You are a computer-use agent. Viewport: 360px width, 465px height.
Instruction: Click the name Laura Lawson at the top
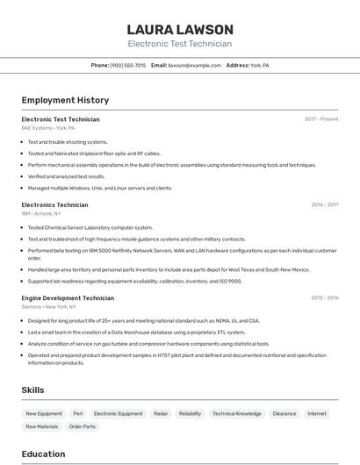click(x=180, y=29)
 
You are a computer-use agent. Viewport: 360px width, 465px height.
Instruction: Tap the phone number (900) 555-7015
click(x=128, y=65)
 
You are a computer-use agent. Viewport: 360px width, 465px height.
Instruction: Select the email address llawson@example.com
click(x=194, y=65)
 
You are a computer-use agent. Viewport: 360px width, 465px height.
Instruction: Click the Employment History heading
click(x=65, y=100)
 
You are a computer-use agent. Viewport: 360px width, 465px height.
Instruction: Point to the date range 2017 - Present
click(x=321, y=118)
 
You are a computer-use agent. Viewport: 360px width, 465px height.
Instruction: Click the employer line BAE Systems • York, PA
click(x=48, y=128)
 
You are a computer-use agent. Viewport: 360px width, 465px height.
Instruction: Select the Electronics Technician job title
click(x=54, y=204)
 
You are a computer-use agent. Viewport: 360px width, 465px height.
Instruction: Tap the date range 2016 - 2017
click(x=324, y=204)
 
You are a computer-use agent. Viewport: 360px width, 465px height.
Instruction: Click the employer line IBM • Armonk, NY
click(x=41, y=213)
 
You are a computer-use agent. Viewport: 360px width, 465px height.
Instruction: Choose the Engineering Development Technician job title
click(x=68, y=297)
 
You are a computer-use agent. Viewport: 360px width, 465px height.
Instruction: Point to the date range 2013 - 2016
click(x=324, y=297)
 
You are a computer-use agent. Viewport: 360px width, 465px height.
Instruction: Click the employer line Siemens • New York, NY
click(x=49, y=307)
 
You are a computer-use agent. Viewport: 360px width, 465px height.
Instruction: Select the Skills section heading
click(x=33, y=389)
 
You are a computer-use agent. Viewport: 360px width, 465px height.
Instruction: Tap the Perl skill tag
click(x=78, y=413)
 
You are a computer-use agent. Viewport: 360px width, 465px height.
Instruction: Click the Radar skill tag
click(x=161, y=413)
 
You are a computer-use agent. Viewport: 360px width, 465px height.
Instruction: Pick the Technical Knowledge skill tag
click(x=237, y=413)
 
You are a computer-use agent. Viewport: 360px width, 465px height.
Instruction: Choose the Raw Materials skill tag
click(x=42, y=426)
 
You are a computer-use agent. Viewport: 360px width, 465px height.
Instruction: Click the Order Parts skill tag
click(x=83, y=426)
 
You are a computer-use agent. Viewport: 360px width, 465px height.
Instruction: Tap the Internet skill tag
click(x=316, y=413)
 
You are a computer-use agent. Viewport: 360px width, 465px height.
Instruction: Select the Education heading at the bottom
click(x=43, y=454)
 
